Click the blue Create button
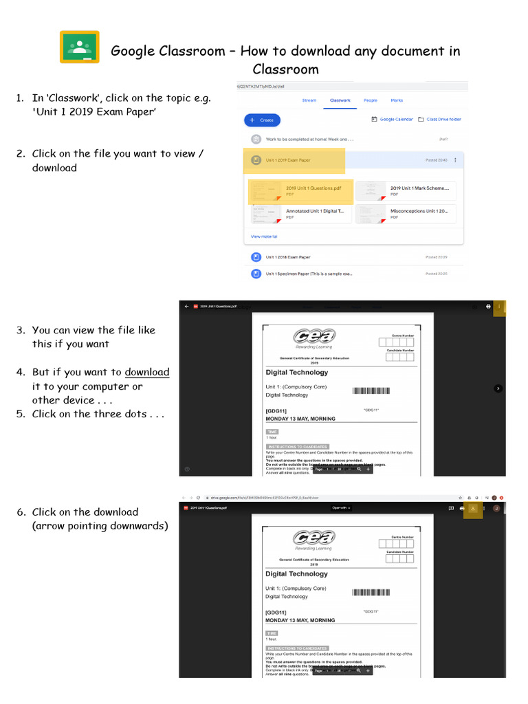[x=262, y=120]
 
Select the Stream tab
[x=309, y=100]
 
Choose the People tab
[x=370, y=100]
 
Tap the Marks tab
[x=397, y=100]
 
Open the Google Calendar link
[x=393, y=120]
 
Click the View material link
[x=264, y=236]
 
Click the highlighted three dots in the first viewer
[x=500, y=307]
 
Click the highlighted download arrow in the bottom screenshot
[x=473, y=508]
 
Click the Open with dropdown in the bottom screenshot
[x=341, y=508]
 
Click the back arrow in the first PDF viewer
[x=186, y=307]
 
